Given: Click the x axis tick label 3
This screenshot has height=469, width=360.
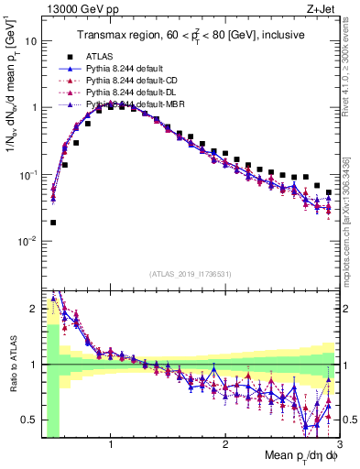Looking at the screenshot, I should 339,444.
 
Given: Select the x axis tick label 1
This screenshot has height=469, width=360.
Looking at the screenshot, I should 111,444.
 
